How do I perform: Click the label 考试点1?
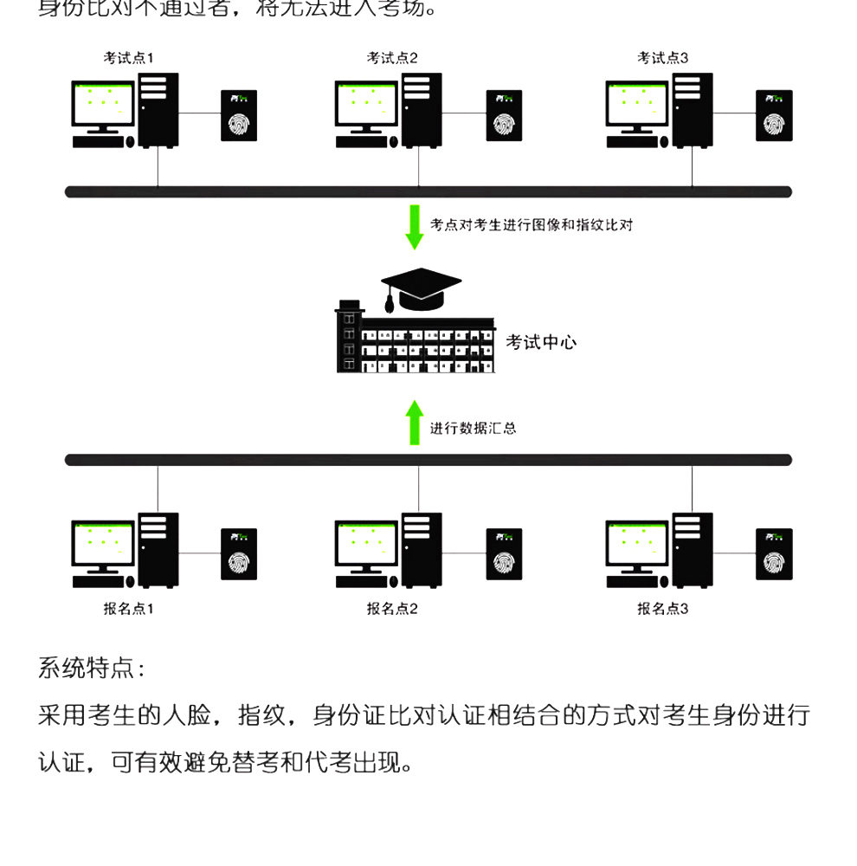pos(128,58)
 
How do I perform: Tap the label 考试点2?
pos(391,58)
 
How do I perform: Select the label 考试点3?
pos(662,58)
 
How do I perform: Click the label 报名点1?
pos(128,609)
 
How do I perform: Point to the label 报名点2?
pos(391,609)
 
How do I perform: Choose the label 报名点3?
pos(662,609)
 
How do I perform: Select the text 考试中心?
pos(541,342)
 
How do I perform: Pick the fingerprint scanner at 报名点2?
pos(503,554)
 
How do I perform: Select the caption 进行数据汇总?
pos(473,428)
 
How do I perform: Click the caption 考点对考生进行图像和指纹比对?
pos(532,225)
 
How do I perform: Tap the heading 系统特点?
pos(92,669)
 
